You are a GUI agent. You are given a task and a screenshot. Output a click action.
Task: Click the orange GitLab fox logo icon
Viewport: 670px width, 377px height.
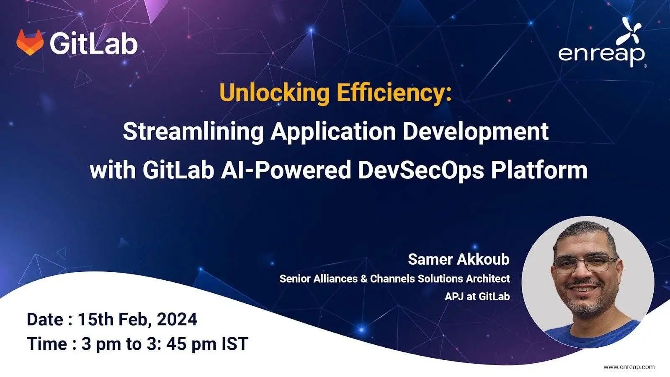(x=30, y=42)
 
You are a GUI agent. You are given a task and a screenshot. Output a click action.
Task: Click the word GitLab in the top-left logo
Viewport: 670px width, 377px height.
(x=93, y=43)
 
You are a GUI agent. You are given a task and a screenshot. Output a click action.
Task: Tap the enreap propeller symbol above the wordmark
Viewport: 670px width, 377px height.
(x=632, y=30)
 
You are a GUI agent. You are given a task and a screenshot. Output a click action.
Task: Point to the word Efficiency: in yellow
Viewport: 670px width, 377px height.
(x=394, y=93)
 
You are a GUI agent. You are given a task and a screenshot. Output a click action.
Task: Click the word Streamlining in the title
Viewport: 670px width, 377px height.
(x=193, y=131)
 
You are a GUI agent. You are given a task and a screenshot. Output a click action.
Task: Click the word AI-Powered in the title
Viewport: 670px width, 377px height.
(x=286, y=170)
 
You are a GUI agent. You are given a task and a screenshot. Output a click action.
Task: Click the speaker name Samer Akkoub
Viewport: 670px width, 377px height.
(x=459, y=259)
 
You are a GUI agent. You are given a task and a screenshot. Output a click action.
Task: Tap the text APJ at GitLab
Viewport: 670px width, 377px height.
(x=477, y=297)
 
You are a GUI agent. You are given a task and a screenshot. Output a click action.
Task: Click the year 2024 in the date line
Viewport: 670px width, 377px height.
(x=177, y=320)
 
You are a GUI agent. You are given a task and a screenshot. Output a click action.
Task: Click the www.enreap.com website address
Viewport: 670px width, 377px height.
(x=629, y=367)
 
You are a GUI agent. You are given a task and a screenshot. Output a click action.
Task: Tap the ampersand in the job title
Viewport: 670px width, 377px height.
(x=364, y=279)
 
